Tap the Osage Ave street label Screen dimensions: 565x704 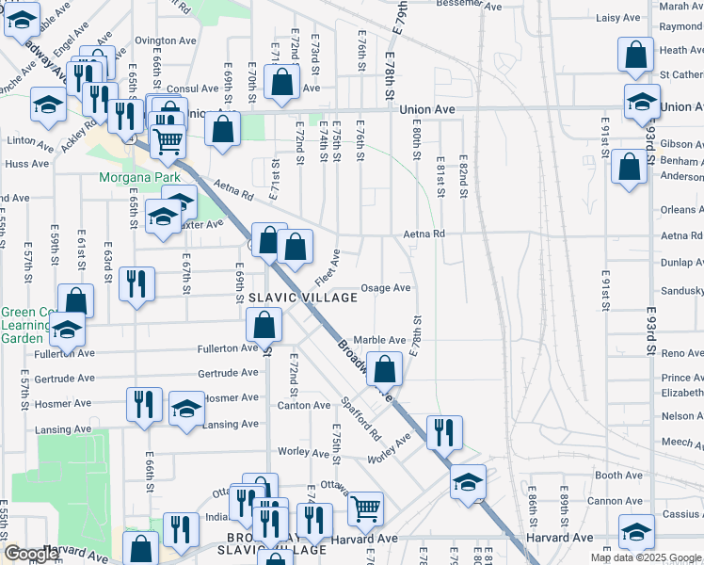tap(387, 288)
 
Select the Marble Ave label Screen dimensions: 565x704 tap(379, 340)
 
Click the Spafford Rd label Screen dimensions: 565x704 tap(360, 422)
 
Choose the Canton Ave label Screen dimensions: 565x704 tap(303, 405)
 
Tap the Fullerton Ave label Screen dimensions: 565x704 tap(227, 348)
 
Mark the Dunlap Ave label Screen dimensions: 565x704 tap(681, 263)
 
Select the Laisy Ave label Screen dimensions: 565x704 tap(618, 18)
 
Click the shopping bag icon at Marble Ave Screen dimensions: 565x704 tap(384, 368)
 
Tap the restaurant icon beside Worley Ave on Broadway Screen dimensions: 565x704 tap(443, 431)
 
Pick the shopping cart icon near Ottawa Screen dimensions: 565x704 tap(365, 508)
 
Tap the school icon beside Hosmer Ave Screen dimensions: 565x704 tap(186, 408)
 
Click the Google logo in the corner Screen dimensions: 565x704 tap(30, 554)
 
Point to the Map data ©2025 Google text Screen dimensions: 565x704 tap(646, 557)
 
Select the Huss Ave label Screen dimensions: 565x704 tap(26, 164)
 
